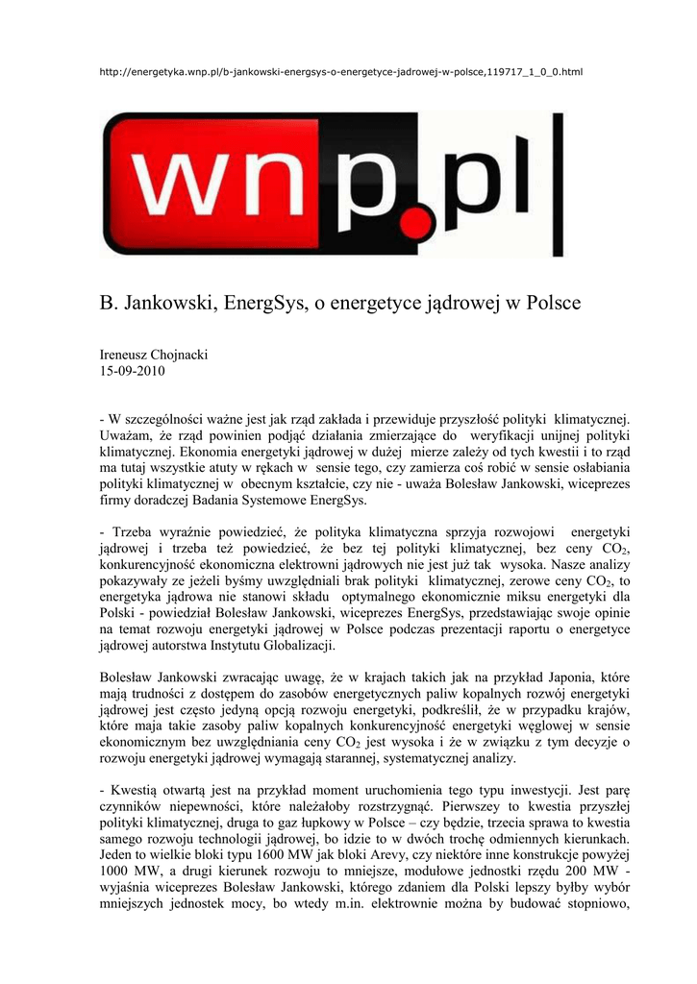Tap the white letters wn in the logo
click(x=244, y=187)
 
